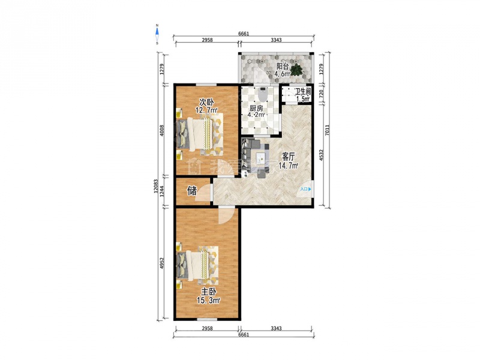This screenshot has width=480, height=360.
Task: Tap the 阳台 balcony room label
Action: click(x=283, y=66)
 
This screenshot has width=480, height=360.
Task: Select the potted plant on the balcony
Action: click(x=296, y=70)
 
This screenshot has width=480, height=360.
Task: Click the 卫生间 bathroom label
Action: click(x=303, y=91)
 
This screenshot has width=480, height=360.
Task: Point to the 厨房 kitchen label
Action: click(x=256, y=109)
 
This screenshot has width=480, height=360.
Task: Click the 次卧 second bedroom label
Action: click(x=206, y=101)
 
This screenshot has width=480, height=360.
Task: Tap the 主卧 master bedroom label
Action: click(x=209, y=292)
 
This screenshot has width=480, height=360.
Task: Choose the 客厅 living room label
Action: click(x=288, y=157)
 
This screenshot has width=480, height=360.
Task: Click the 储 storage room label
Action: click(x=192, y=191)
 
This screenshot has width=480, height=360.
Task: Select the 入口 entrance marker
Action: click(x=305, y=189)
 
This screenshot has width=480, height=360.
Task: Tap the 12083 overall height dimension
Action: click(x=156, y=186)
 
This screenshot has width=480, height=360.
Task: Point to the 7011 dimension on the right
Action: click(x=327, y=130)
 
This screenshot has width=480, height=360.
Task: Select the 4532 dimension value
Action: click(x=321, y=155)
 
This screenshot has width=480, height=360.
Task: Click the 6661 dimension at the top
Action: click(x=244, y=34)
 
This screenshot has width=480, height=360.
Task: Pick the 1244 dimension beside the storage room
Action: click(x=162, y=191)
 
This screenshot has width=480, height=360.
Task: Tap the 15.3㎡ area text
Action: click(x=208, y=301)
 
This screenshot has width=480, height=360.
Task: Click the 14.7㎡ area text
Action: click(x=289, y=166)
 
